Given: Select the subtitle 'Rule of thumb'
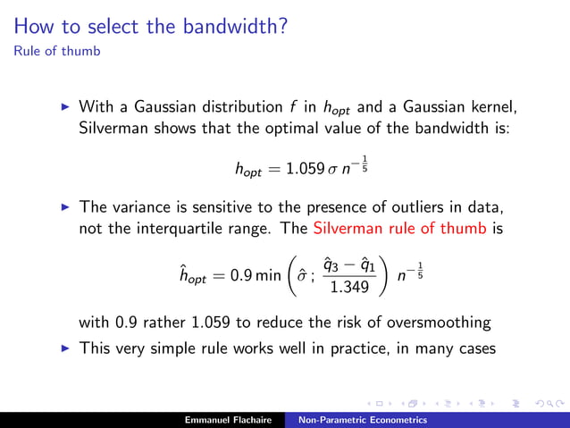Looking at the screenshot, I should coord(56,50).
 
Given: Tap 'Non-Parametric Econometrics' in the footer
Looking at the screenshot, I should coord(362,419).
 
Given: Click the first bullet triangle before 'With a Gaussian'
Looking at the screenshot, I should coord(63,107).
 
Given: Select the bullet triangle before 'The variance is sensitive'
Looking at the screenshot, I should coord(63,207).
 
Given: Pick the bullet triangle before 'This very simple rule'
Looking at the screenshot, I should coord(63,348).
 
